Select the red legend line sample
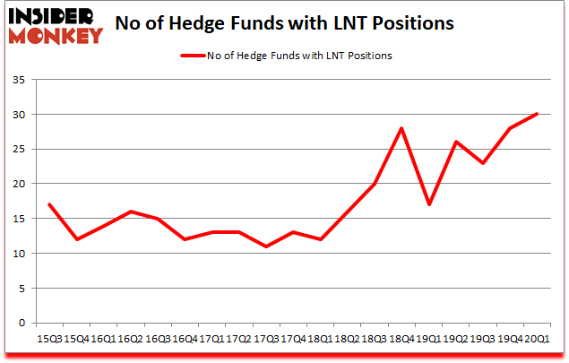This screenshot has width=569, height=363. [x=194, y=56]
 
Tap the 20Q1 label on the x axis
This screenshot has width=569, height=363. [x=537, y=338]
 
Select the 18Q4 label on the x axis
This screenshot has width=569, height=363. [x=401, y=338]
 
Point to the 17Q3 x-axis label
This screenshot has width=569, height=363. [x=265, y=338]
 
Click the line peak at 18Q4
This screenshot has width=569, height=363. [x=401, y=128]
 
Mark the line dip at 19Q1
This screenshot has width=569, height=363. [x=428, y=204]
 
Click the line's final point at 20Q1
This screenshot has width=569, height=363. [x=537, y=114]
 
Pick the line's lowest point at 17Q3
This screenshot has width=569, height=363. [x=265, y=246]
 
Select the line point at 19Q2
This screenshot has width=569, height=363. [x=455, y=142]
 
